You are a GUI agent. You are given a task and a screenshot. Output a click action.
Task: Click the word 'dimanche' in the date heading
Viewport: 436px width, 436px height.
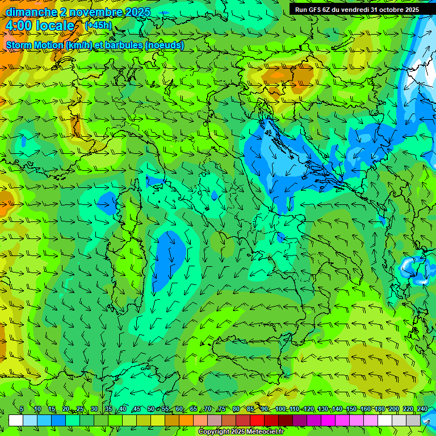tap(32, 12)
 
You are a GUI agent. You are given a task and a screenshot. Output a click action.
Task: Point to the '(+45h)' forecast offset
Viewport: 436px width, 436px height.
tap(99, 26)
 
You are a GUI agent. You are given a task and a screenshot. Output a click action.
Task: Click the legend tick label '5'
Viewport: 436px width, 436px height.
tap(22, 409)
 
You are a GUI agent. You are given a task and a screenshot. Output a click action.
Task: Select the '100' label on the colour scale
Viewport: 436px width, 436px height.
tap(280, 409)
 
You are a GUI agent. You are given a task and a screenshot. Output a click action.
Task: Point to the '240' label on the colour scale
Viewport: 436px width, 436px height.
tap(422, 409)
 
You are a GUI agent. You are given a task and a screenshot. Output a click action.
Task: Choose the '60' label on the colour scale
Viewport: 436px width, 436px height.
tap(179, 409)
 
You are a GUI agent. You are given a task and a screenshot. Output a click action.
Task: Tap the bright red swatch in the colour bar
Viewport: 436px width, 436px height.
tap(257, 420)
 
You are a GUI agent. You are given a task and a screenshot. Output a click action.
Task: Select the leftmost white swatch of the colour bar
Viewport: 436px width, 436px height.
tap(16, 420)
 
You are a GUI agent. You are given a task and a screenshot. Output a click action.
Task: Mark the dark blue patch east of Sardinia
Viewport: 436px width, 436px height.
tap(170, 258)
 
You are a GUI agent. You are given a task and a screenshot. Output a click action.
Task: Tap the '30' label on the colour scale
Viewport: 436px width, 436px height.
tap(94, 409)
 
